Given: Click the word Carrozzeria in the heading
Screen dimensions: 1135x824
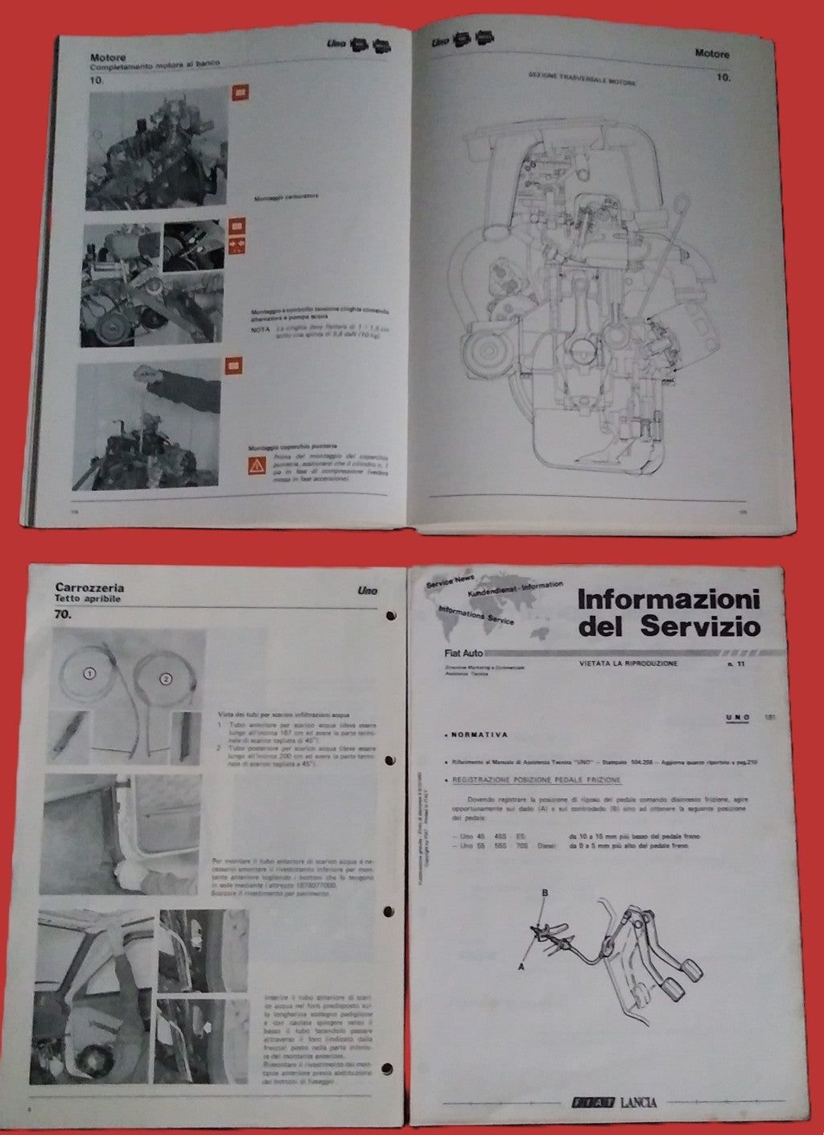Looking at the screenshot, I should pos(89,587).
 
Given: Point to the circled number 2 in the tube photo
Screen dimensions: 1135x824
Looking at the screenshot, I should pos(166,679).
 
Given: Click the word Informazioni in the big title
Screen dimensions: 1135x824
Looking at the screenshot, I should pos(668,601).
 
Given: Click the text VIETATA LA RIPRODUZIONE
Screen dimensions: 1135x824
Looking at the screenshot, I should pos(628,663).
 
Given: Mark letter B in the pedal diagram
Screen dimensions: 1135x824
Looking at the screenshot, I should pos(545,893).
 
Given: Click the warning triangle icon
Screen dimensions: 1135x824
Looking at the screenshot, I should pos(255,465).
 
